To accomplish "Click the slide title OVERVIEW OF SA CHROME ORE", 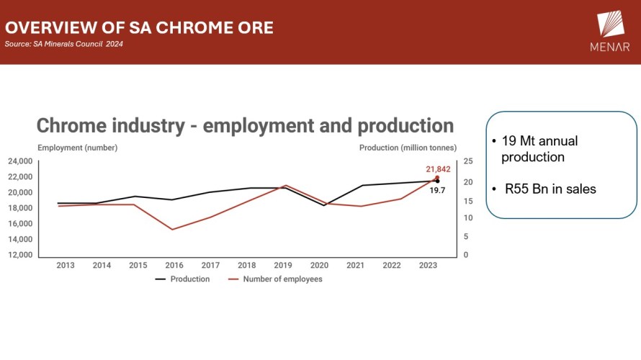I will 139,28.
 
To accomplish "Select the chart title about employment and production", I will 245,125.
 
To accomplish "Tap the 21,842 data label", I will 439,168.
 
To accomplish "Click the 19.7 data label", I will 437,190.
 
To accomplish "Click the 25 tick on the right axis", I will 468,161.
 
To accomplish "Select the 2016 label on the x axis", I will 174,266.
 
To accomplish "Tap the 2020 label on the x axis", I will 319,266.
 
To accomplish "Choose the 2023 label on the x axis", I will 428,266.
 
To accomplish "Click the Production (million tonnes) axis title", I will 408,148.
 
